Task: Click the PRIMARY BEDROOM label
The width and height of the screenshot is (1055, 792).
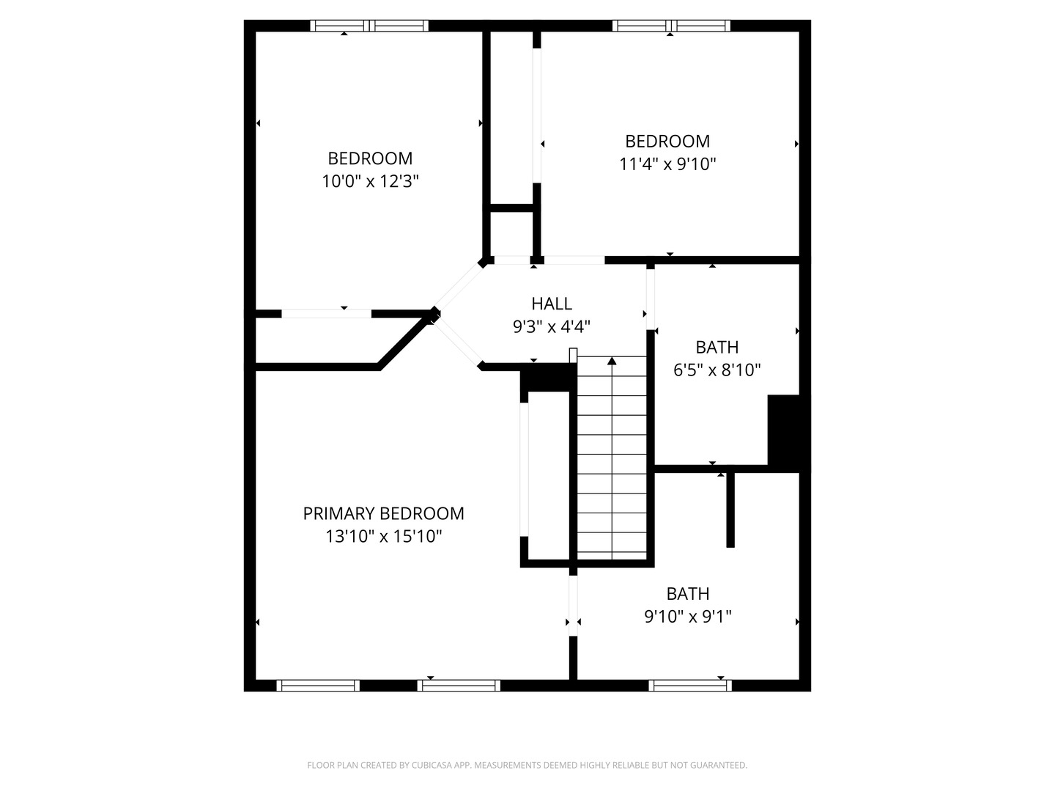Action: [383, 513]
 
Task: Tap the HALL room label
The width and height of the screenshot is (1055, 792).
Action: [551, 304]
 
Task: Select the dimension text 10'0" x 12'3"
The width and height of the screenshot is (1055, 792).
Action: [370, 181]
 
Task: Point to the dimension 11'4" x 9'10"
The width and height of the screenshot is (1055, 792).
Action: [667, 164]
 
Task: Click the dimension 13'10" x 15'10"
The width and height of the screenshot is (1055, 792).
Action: [383, 536]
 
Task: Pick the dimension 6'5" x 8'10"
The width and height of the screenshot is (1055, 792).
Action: [717, 370]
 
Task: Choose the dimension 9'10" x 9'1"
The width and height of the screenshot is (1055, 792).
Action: [688, 616]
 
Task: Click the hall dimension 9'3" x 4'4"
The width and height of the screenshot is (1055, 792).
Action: [551, 326]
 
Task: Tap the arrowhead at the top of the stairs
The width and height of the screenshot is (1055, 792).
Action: [611, 361]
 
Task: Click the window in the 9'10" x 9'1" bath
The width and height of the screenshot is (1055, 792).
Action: [689, 685]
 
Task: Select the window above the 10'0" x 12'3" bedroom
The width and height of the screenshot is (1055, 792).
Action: [369, 26]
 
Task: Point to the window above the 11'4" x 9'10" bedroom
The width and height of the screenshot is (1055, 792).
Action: [671, 26]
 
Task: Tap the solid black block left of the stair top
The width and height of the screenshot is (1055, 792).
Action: [549, 377]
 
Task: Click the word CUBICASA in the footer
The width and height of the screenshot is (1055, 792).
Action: [431, 765]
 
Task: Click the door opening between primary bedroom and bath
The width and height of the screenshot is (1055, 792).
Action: [573, 606]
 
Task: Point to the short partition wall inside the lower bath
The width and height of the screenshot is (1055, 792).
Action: [730, 510]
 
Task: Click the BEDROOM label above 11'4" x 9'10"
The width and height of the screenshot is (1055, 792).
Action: [667, 141]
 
